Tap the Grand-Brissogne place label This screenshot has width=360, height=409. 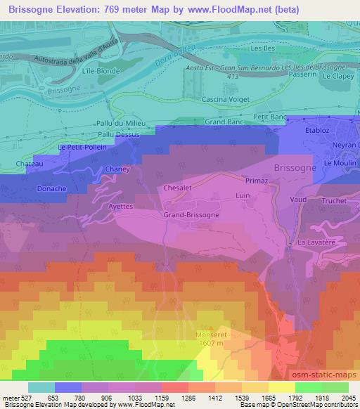[191, 214]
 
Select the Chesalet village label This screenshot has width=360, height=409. [177, 188]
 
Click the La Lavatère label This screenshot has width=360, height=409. [314, 242]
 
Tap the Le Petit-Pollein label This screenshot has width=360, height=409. [82, 148]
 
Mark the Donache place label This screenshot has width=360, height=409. [32, 189]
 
